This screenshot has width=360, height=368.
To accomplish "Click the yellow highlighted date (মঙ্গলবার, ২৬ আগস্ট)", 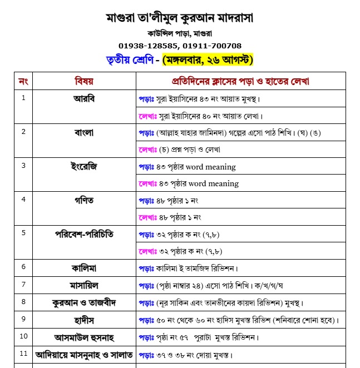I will coord(208,59).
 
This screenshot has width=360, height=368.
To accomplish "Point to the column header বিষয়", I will coord(84,82).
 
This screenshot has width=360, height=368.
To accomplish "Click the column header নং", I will coord(23,82).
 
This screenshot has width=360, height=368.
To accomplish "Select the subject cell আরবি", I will coord(84,99).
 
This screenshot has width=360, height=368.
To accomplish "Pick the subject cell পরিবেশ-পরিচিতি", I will coord(84,233).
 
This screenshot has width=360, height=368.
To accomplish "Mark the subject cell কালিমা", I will coord(84,267).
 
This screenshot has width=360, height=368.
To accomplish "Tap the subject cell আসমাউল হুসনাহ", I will coord(84,337).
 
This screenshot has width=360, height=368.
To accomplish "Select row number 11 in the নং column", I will coord(23,354).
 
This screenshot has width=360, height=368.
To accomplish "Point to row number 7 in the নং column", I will coord(23,284).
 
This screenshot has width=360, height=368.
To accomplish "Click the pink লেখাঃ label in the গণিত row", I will coord(147,217).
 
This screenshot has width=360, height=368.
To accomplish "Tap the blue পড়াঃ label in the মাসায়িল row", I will coord(146,285).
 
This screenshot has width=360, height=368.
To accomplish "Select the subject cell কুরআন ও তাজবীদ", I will coord(84,302).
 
